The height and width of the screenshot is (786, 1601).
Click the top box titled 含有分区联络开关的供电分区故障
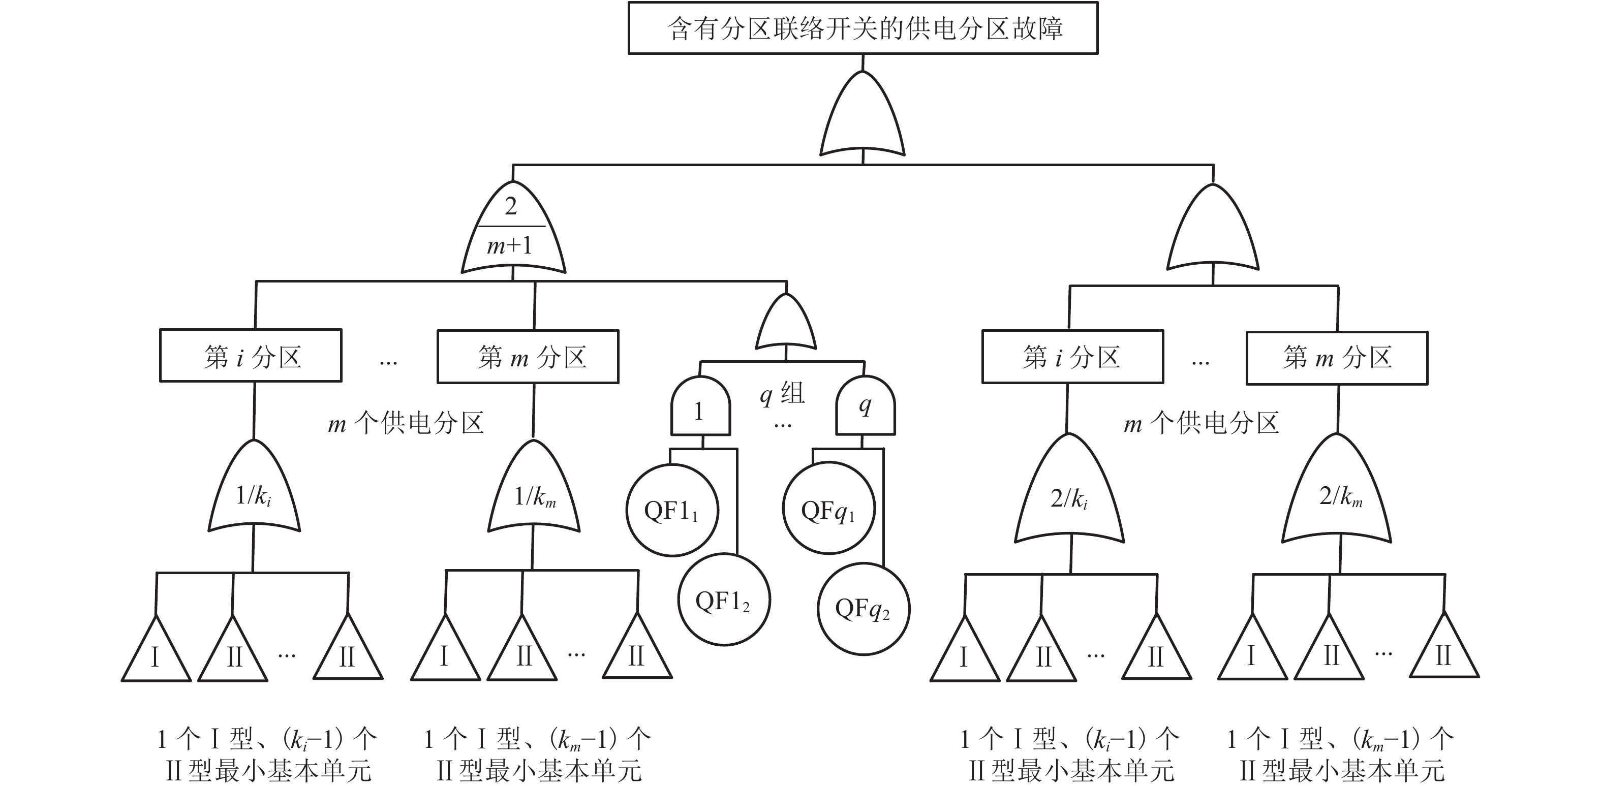863,28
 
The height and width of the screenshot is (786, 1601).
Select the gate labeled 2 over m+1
513,230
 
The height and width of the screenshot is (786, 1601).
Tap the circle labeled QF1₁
672,510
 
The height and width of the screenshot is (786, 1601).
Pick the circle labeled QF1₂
723,600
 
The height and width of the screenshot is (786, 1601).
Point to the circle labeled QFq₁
828,508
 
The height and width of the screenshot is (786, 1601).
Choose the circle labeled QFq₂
864,608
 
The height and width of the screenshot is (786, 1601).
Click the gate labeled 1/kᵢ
254,491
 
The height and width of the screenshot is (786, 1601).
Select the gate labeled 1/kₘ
534,491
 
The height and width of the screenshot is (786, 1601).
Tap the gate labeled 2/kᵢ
1069,494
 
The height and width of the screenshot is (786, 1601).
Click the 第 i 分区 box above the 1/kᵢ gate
251,356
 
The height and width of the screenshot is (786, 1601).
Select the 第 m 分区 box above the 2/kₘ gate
1337,358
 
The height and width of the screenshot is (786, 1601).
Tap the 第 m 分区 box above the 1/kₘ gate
528,357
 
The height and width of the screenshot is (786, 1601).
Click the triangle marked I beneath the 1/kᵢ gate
156,654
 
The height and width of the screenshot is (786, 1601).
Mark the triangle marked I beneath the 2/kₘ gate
1252,652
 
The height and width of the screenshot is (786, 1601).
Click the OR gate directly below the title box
862,118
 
